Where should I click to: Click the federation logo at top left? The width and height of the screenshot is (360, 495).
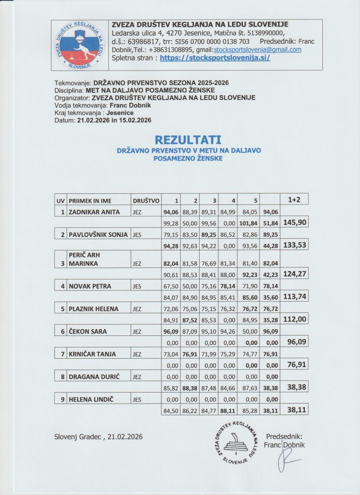[79, 45]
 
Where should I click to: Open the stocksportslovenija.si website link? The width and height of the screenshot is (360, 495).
[215, 58]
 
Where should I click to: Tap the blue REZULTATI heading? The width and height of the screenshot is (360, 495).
[188, 140]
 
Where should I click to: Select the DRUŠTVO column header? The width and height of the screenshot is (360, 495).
[145, 200]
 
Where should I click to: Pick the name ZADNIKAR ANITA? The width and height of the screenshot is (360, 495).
[94, 212]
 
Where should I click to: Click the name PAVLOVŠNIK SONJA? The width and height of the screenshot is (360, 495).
[98, 235]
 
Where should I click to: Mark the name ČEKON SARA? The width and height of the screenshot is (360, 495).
[87, 332]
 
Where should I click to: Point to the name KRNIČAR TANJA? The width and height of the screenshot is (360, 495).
[92, 354]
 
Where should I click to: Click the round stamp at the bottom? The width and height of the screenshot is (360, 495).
[236, 442]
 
